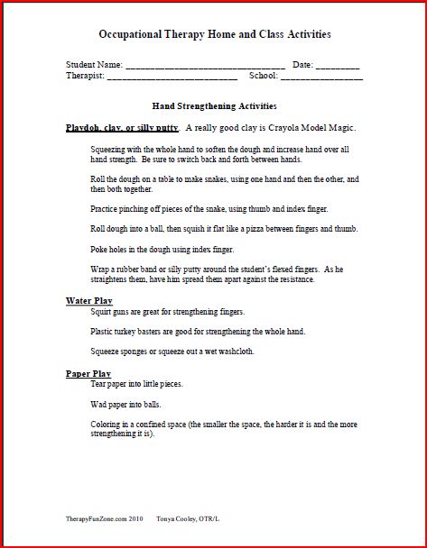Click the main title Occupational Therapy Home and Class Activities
[214, 34]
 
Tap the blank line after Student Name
[205, 68]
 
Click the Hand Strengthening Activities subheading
[214, 105]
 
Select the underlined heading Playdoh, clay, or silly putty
[122, 127]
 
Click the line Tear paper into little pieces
[138, 384]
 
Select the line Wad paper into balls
[126, 405]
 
